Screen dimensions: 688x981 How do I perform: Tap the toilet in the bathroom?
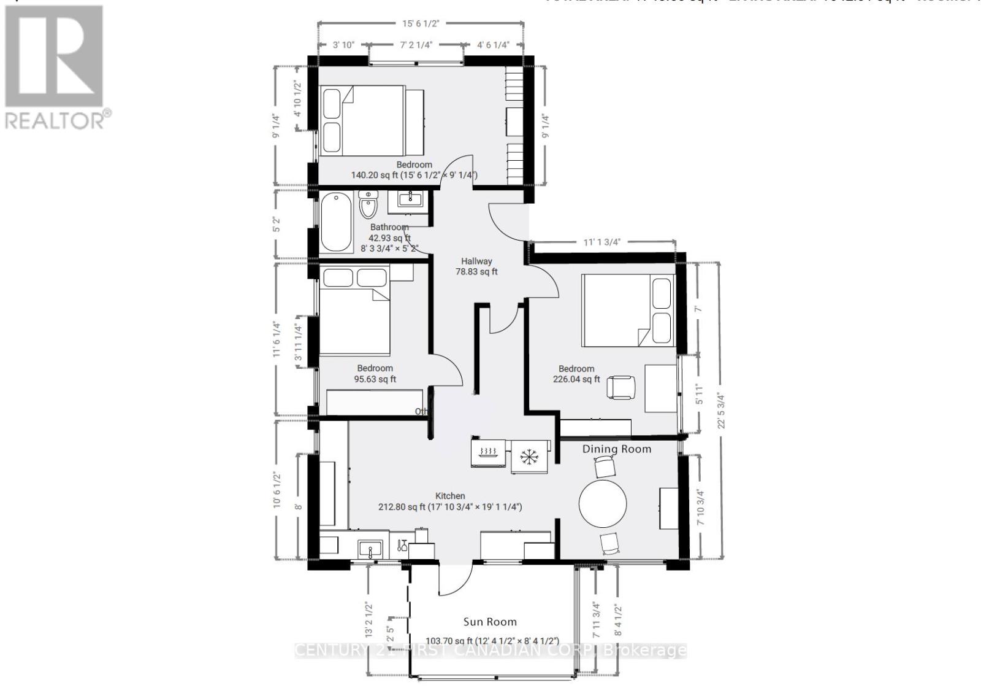point(368,205)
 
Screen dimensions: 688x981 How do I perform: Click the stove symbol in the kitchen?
point(489,453)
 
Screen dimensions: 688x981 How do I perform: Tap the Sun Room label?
point(489,622)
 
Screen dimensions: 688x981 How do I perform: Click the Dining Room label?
point(616,449)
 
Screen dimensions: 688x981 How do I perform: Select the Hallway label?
point(476,261)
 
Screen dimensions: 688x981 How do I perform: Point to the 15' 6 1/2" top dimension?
point(421,23)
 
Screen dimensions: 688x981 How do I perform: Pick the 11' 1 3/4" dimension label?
point(601,242)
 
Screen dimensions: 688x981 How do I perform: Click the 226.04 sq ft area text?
point(576,379)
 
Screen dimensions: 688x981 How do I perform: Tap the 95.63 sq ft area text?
point(375,379)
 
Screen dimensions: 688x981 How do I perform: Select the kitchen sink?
point(370,548)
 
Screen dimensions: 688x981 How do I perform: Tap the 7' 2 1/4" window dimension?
point(417,45)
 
